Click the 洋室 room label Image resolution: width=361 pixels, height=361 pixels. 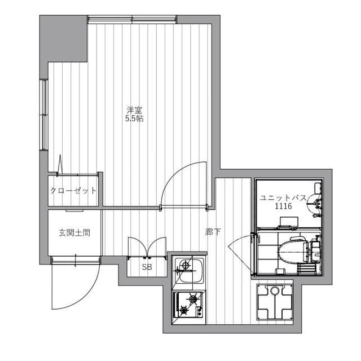click(x=134, y=110)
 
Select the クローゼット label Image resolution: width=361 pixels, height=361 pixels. click(x=73, y=191)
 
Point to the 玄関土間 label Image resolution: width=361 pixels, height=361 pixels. click(x=74, y=232)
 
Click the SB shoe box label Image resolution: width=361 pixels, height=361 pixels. click(x=147, y=267)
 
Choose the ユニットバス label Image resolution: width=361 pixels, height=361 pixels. click(x=283, y=199)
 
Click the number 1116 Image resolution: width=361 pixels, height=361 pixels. click(x=283, y=207)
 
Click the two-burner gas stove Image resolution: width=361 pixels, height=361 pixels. click(x=188, y=305)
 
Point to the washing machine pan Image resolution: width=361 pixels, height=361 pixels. click(x=275, y=302)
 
